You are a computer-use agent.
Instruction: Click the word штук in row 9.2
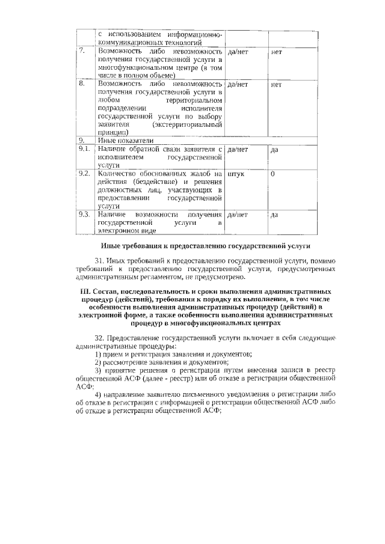click(236, 175)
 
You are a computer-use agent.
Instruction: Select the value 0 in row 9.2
click(273, 175)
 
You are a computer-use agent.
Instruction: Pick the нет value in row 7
click(277, 52)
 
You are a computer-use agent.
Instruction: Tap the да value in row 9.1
click(274, 149)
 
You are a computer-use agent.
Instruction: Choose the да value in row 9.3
click(274, 215)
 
